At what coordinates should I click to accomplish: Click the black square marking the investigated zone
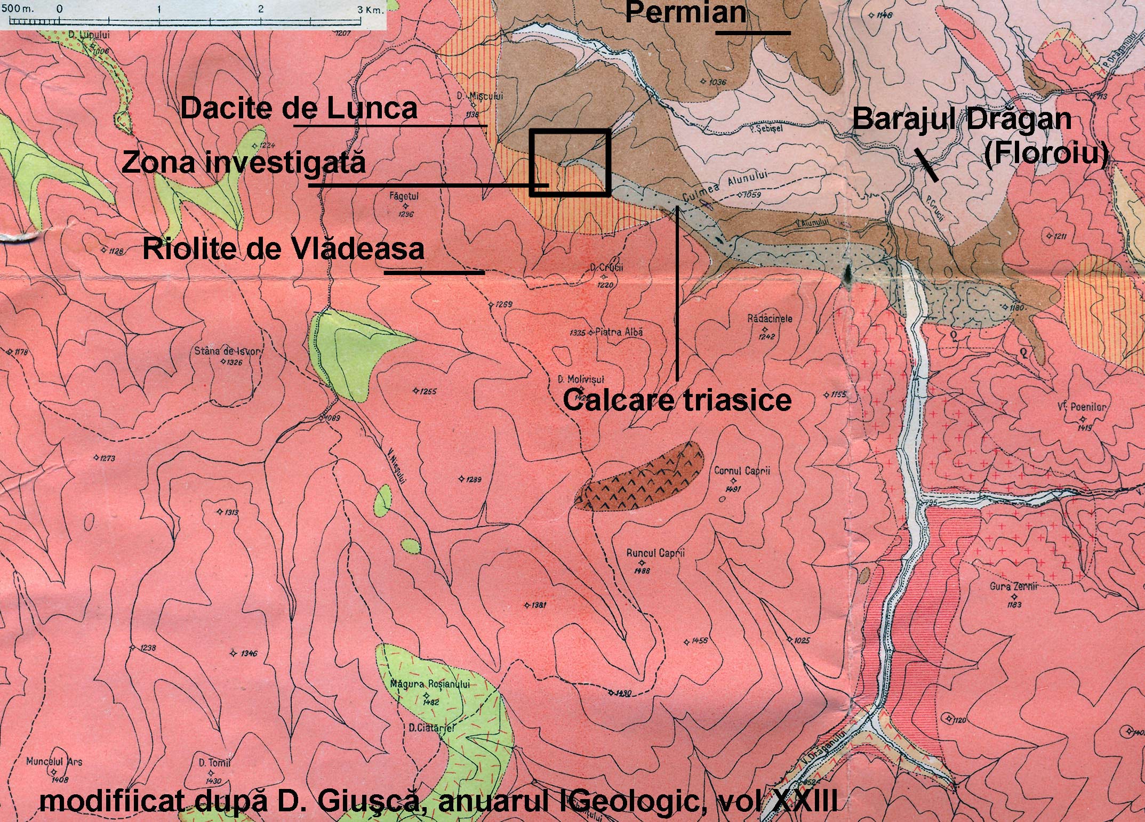click(570, 162)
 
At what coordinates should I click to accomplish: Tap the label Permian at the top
click(685, 12)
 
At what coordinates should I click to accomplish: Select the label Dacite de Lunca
click(299, 109)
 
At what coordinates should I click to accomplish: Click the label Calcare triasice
click(677, 400)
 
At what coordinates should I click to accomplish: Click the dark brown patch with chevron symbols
click(640, 476)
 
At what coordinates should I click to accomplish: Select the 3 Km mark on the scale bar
click(365, 10)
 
